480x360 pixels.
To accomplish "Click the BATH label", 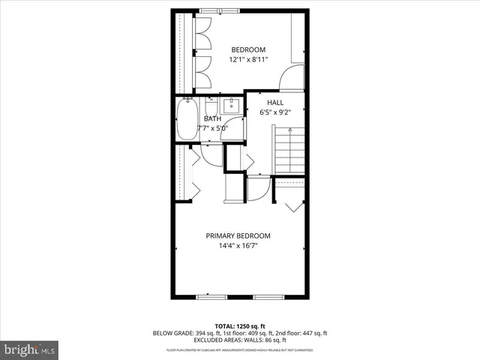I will (x=212, y=118).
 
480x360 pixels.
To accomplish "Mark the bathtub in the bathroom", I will (x=186, y=119).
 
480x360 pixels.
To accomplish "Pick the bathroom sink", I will (x=233, y=106).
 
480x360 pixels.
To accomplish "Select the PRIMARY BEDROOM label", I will (x=239, y=235).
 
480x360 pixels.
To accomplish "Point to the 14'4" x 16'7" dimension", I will (x=239, y=245).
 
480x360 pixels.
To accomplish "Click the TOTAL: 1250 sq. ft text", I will (x=240, y=326).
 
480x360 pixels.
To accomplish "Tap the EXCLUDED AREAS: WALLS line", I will (x=240, y=340).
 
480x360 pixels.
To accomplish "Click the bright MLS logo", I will (x=30, y=349).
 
